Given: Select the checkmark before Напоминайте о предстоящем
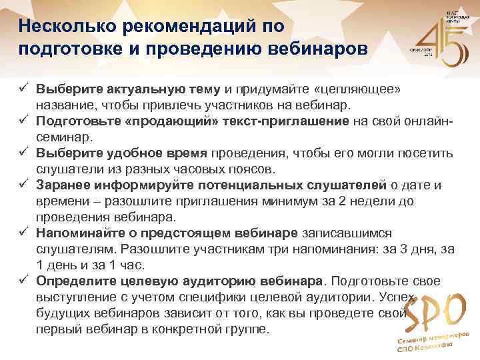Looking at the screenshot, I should click(23, 231).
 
